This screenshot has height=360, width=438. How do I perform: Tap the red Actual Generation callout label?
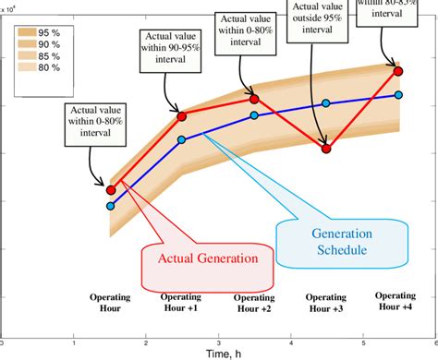[x=209, y=258]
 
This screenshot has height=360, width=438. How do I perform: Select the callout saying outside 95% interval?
[x=317, y=27]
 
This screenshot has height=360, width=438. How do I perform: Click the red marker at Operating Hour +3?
[x=326, y=148]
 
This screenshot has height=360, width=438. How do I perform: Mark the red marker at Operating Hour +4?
[x=398, y=71]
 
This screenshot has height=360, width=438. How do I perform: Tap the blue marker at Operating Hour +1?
[x=182, y=139]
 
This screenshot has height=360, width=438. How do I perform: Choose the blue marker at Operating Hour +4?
[x=398, y=94]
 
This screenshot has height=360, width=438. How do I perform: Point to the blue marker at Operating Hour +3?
[x=326, y=104]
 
